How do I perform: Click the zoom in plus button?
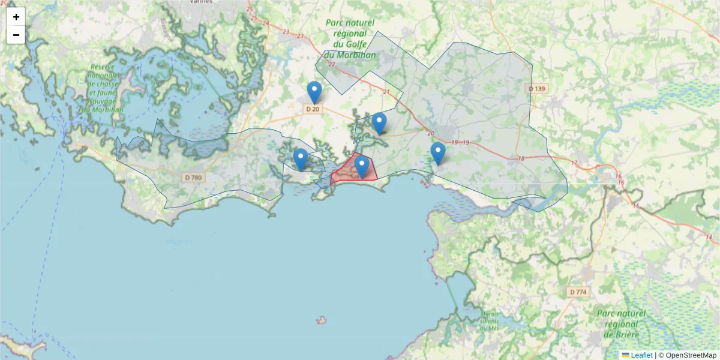tap(16, 17)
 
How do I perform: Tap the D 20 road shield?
tap(313, 109)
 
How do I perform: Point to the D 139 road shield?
tap(537, 89)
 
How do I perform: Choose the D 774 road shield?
tap(578, 292)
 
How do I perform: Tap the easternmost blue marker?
tap(438, 153)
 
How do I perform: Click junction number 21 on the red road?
tap(386, 92)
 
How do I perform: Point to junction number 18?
tap(520, 158)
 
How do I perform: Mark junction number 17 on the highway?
tap(574, 163)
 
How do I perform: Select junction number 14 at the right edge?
tap(709, 238)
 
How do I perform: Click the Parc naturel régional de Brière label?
tap(621, 323)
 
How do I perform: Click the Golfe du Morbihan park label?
tap(350, 39)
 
